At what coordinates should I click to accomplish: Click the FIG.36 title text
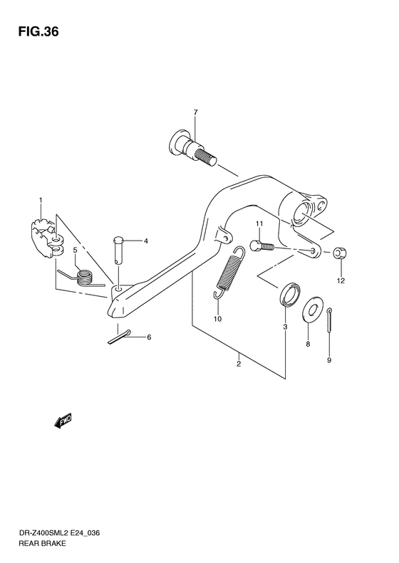point(34,33)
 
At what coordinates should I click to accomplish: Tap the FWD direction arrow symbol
point(63,421)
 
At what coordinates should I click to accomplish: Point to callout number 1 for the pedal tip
point(41,200)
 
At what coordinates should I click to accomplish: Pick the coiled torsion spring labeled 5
point(81,276)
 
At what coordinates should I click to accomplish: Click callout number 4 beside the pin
point(145,241)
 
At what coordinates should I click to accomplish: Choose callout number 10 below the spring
point(218,319)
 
